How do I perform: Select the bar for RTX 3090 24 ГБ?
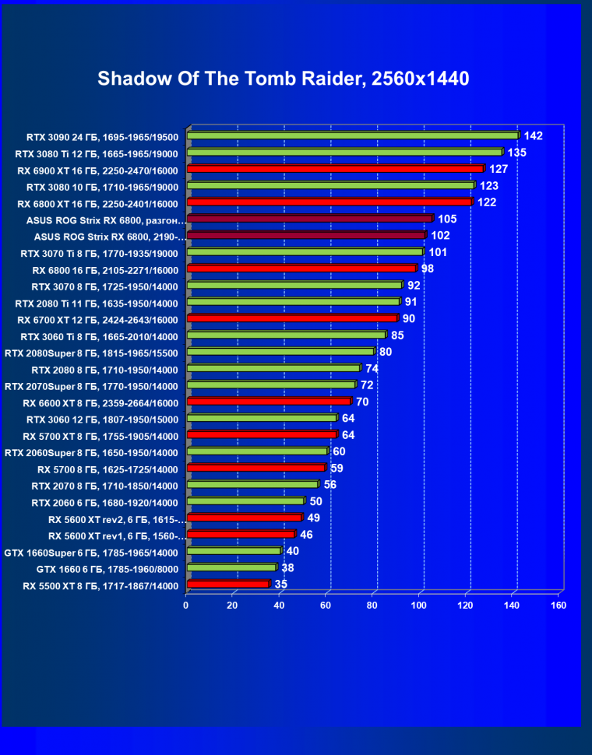tap(352, 135)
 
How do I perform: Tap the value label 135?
tap(516, 152)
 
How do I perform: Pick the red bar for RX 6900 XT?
tap(335, 169)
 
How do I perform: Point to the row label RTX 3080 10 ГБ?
tap(102, 187)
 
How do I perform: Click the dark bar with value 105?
tap(309, 219)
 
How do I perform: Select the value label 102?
tap(440, 235)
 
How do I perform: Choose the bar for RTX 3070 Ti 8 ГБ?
tap(305, 252)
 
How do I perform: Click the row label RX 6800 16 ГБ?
tap(105, 270)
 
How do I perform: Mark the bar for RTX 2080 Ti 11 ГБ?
tap(293, 301)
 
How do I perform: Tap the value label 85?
tap(397, 335)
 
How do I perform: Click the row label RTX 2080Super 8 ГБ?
tap(91, 353)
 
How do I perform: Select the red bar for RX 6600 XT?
tap(269, 401)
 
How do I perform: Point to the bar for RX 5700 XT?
tap(262, 434)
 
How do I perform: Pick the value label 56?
tap(330, 484)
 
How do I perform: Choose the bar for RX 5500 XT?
tap(227, 584)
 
